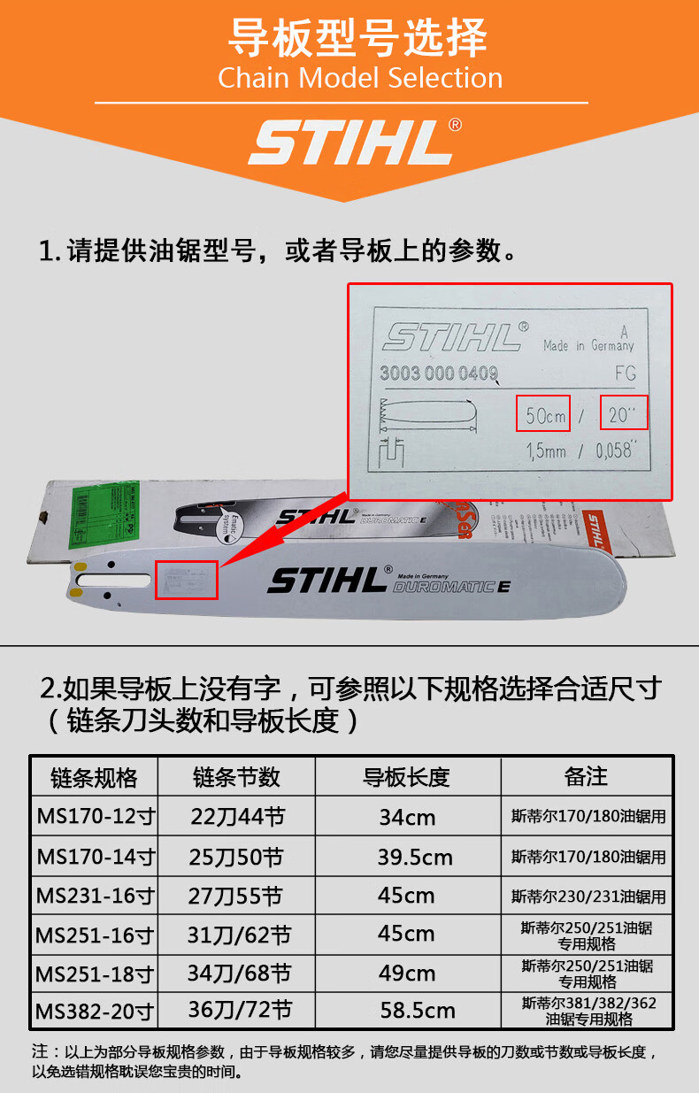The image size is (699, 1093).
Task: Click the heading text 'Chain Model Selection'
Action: [x=360, y=78]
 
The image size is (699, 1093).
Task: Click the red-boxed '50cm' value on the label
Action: [x=542, y=412]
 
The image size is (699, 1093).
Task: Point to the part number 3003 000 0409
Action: [x=438, y=373]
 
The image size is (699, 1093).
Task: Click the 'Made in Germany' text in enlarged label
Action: [x=588, y=345]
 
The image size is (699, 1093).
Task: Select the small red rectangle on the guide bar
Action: [x=186, y=580]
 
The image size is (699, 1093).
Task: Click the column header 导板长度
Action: [x=407, y=777]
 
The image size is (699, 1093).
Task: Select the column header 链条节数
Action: [x=236, y=777]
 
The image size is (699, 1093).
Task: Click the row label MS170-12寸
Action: [x=95, y=816]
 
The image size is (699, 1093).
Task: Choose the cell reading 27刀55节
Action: [x=236, y=896]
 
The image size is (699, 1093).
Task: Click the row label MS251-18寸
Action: [x=95, y=974]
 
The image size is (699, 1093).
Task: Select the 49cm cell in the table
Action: [x=407, y=974]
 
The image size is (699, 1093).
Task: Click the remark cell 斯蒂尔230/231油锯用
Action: [x=588, y=897]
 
